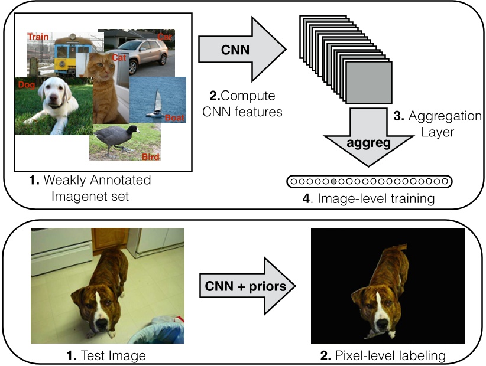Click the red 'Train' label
38,37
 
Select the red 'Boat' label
174,117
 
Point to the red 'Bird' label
151,156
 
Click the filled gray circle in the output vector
335,181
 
